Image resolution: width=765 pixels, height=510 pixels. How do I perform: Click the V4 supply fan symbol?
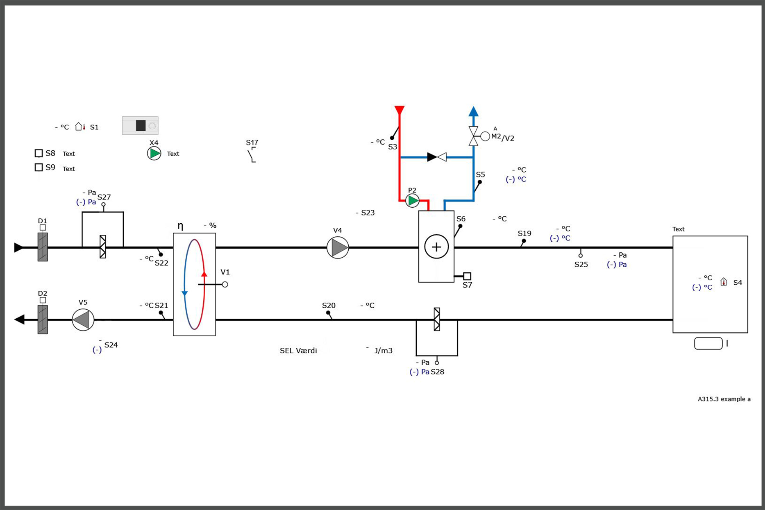tap(338, 247)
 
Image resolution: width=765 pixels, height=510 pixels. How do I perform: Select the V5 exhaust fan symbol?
tap(83, 320)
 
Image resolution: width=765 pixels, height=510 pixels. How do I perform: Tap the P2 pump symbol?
tap(412, 200)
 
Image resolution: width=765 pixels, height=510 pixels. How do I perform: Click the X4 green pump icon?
tap(154, 154)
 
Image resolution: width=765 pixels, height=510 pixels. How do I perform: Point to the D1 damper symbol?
tap(43, 247)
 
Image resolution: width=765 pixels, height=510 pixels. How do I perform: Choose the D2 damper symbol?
tap(43, 319)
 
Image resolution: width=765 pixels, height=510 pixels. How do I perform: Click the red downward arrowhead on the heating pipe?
tap(400, 110)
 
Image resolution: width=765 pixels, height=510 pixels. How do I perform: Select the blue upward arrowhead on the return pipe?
tap(473, 111)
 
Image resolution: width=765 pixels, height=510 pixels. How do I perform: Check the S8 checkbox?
tap(39, 153)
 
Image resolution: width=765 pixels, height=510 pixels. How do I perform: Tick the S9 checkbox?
tap(39, 167)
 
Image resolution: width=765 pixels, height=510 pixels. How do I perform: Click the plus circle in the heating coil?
tap(436, 247)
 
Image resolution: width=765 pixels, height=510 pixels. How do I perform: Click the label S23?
tap(368, 213)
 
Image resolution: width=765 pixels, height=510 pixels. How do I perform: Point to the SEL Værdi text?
tap(298, 351)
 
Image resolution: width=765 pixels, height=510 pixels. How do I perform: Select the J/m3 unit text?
tap(384, 351)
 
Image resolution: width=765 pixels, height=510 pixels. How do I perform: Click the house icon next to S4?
tap(724, 282)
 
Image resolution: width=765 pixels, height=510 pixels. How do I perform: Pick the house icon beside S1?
tap(80, 127)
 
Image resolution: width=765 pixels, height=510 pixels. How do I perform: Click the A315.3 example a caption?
tap(724, 399)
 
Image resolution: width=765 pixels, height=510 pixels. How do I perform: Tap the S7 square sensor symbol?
tap(467, 276)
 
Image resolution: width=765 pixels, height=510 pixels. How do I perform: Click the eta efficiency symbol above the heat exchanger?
tap(180, 226)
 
